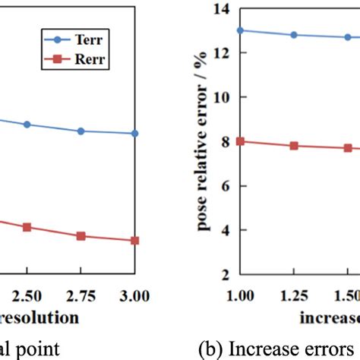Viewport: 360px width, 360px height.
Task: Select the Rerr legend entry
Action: click(x=90, y=62)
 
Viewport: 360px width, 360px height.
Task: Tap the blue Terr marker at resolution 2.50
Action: click(x=27, y=124)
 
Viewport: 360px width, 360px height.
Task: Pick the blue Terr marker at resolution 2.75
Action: click(x=81, y=131)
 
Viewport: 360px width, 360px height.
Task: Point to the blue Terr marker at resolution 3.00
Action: click(x=135, y=134)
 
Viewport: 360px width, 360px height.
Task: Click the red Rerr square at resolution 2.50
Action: click(x=27, y=227)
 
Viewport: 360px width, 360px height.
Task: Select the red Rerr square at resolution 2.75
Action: click(x=81, y=236)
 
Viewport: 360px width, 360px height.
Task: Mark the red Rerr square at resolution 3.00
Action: click(x=135, y=241)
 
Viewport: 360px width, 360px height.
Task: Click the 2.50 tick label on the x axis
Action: click(x=27, y=292)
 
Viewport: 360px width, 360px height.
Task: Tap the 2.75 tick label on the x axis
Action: click(x=81, y=292)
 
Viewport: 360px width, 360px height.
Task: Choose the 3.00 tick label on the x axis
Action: click(x=135, y=292)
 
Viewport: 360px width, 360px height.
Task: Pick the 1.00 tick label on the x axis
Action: click(x=241, y=292)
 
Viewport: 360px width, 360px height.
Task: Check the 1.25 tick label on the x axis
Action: click(x=294, y=292)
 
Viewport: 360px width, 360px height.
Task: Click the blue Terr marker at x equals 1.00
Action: click(x=241, y=30)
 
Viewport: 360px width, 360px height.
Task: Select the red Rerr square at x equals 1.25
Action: click(x=294, y=146)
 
